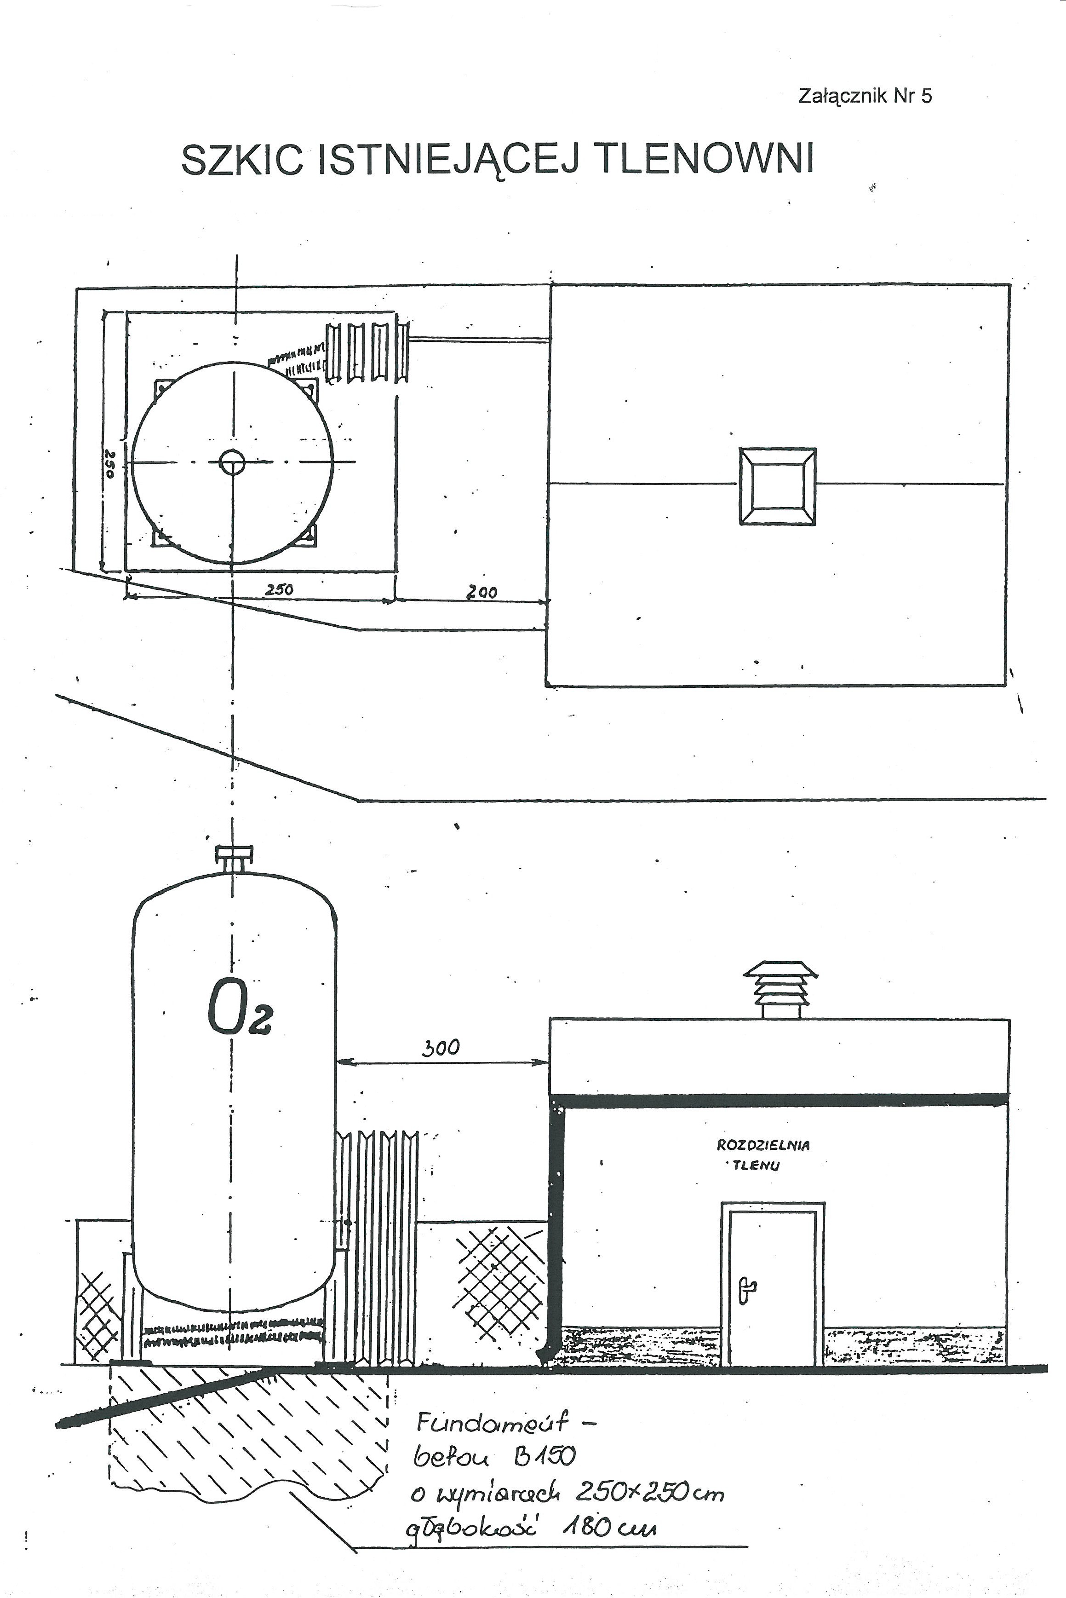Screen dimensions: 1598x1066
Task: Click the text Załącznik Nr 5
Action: point(864,96)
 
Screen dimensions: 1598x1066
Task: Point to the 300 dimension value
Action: point(441,1048)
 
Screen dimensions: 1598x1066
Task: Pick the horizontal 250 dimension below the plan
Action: point(279,589)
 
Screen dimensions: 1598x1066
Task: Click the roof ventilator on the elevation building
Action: point(780,989)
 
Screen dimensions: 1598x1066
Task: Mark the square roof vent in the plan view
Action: point(777,486)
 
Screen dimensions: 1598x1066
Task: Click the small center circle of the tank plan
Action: point(233,463)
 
